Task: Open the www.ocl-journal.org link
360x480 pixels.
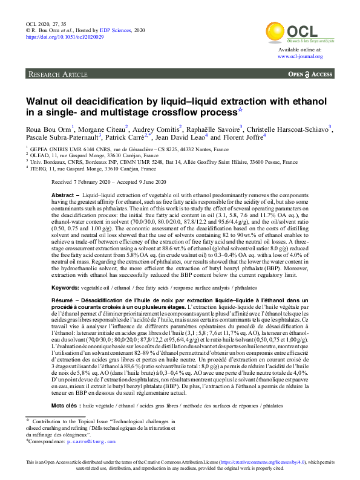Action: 300,56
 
